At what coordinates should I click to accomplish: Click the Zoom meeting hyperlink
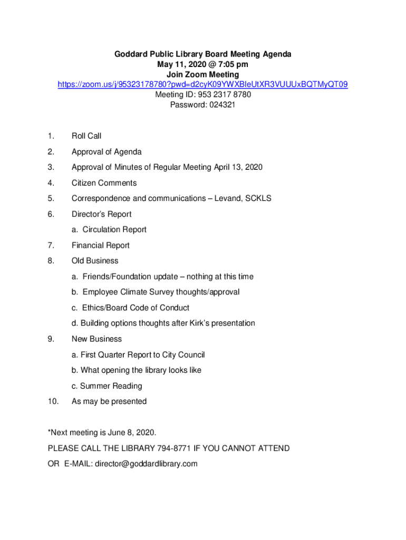click(x=203, y=84)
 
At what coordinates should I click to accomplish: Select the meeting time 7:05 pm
click(x=231, y=64)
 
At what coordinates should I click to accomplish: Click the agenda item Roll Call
click(x=86, y=136)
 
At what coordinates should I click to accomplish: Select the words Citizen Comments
click(x=104, y=183)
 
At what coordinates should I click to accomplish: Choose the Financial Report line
click(x=100, y=245)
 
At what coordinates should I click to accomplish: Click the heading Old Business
click(x=95, y=261)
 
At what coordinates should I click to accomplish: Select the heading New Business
click(x=96, y=339)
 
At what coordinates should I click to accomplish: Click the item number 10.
click(x=53, y=401)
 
